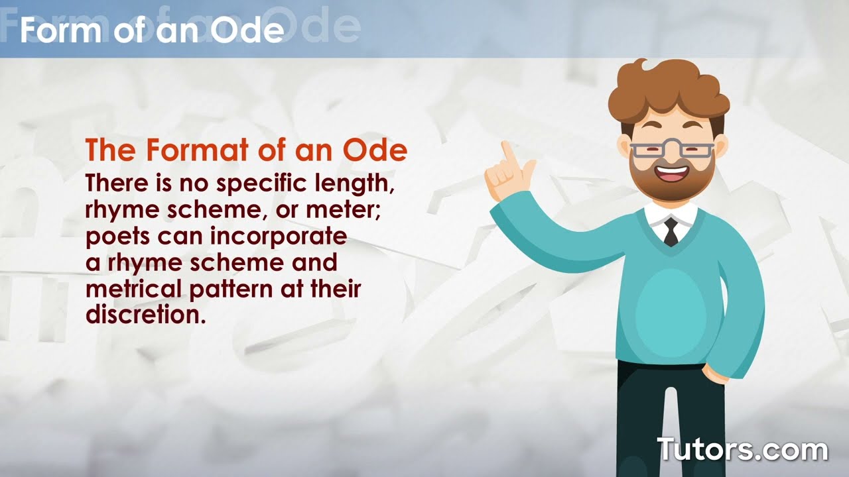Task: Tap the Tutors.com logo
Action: point(742,449)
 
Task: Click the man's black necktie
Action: point(671,232)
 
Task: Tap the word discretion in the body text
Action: point(143,314)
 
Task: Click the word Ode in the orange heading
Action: point(375,151)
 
